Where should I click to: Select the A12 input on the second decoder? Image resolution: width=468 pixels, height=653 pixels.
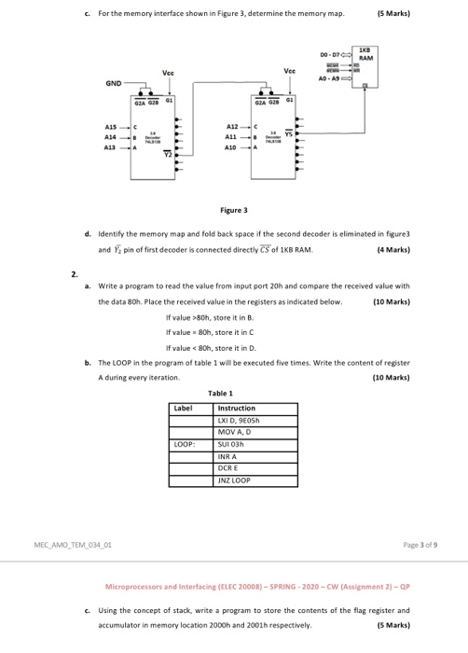click(234, 125)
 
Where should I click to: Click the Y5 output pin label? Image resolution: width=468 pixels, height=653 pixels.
click(288, 132)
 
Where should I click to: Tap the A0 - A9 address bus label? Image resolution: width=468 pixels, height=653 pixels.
click(332, 81)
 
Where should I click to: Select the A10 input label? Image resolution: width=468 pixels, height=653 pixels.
click(234, 147)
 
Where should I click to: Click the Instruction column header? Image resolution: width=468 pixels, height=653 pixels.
click(237, 408)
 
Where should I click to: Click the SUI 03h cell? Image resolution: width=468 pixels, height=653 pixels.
click(232, 444)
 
